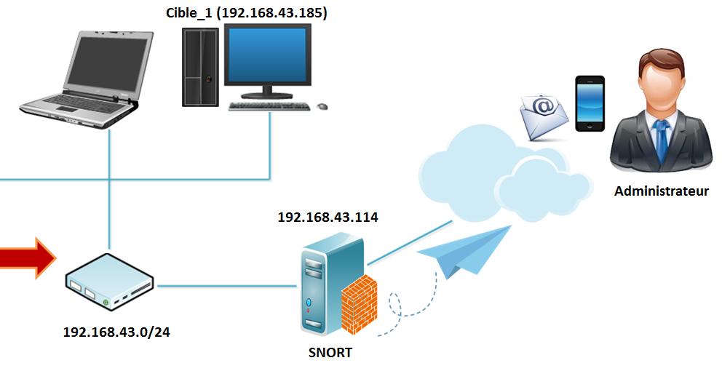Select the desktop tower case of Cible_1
click(200, 67)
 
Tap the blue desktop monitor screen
click(268, 56)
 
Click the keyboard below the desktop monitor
click(269, 106)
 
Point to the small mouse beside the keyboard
click(322, 106)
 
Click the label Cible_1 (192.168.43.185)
click(246, 12)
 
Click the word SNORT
click(330, 353)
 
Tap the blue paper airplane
click(466, 251)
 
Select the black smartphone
click(590, 103)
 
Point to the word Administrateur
click(661, 192)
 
